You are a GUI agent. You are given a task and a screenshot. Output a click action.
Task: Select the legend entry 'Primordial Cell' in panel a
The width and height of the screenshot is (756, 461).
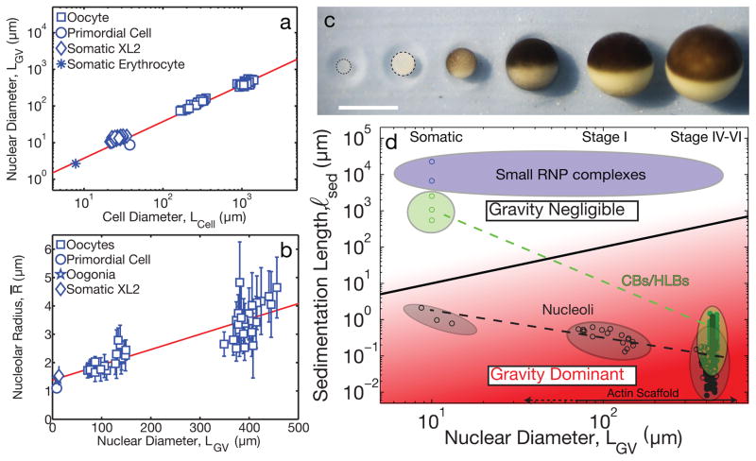125,31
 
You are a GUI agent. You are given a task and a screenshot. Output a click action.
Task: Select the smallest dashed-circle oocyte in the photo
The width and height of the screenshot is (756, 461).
344,67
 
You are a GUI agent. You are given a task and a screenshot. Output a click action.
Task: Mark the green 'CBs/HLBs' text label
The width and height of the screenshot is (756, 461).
680,281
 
